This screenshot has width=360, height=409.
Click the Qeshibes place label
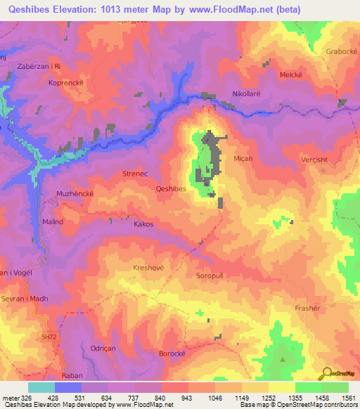pyautogui.click(x=171, y=188)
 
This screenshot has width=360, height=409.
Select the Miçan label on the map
pyautogui.click(x=243, y=159)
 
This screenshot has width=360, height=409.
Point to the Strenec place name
pyautogui.click(x=136, y=171)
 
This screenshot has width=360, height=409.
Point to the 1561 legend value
pyautogui.click(x=339, y=397)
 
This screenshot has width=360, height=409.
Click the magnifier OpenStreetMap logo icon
pyautogui.click(x=327, y=375)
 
